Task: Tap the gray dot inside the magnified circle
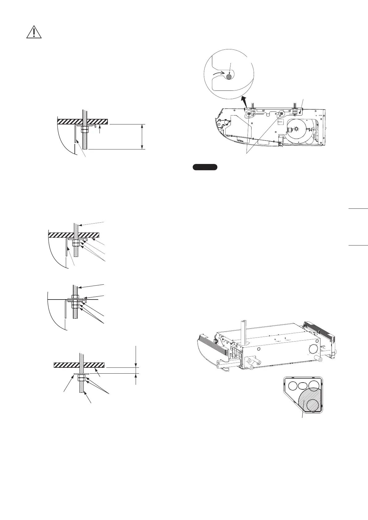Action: (229, 77)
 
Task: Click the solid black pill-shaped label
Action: (205, 167)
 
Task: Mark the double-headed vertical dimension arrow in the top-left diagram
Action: (142, 136)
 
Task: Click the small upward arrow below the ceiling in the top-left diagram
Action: (99, 129)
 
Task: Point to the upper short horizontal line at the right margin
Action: (358, 209)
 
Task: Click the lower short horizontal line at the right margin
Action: (358, 245)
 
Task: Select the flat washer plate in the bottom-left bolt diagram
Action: (81, 374)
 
